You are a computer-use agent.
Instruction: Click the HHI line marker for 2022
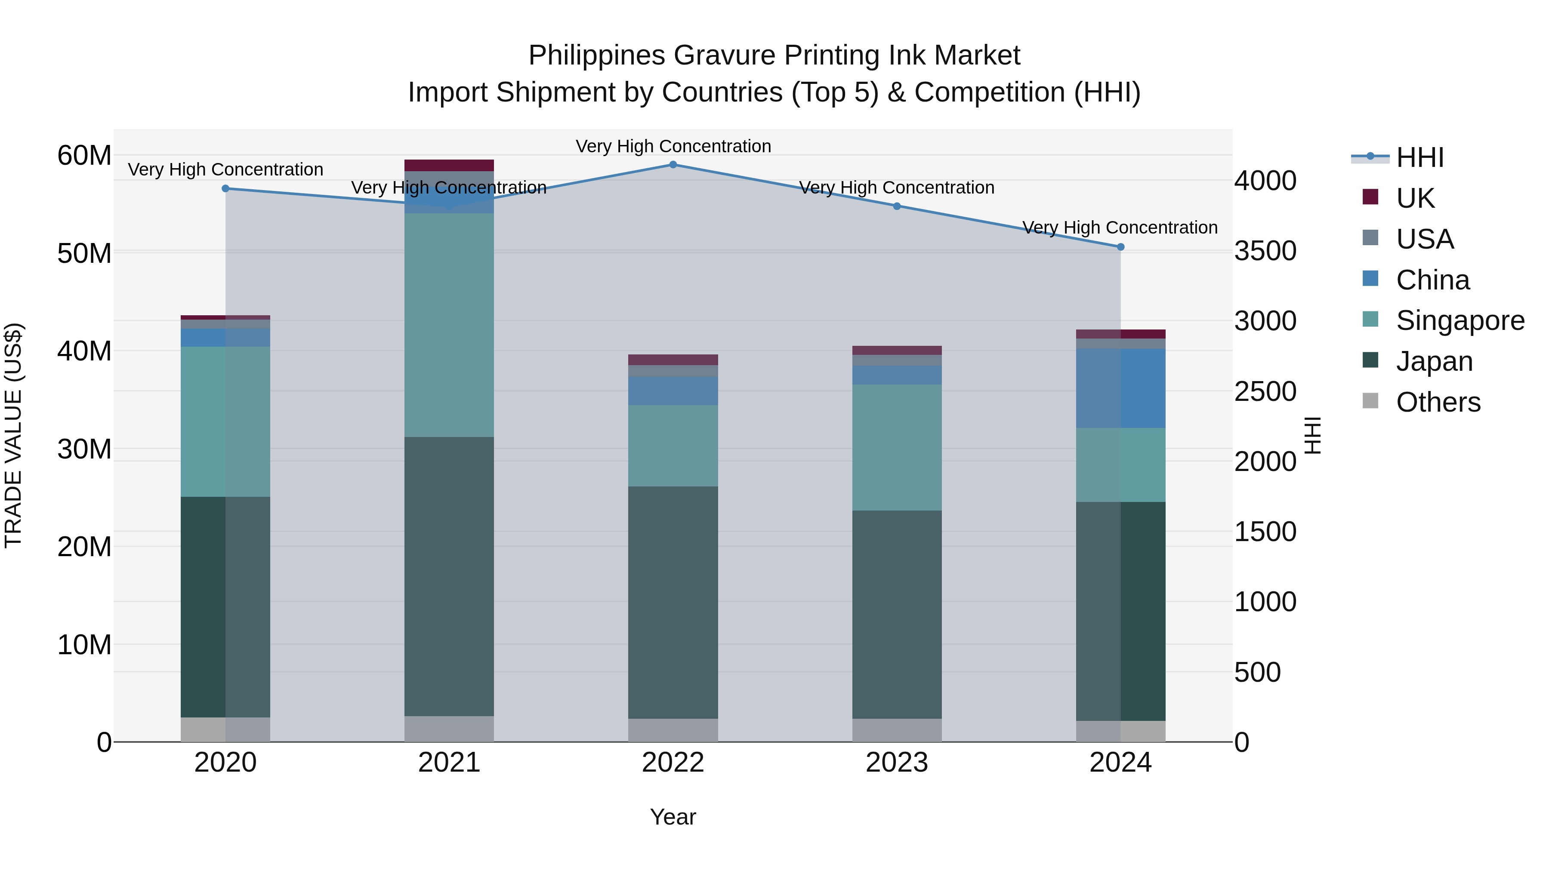tap(673, 165)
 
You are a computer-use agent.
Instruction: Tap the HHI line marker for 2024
tap(1120, 247)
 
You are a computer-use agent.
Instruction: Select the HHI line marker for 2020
tap(225, 189)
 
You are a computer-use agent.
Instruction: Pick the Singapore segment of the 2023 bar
tap(897, 447)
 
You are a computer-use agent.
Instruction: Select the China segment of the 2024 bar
tap(1120, 388)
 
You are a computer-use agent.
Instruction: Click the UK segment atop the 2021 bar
tap(449, 165)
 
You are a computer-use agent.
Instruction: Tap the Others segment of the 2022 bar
tap(673, 730)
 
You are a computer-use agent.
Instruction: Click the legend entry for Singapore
tap(1460, 320)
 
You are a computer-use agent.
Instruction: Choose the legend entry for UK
tap(1415, 198)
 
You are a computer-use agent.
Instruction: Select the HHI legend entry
tap(1419, 157)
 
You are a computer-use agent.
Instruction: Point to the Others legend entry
tap(1438, 402)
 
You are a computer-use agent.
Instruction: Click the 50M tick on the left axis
tap(84, 253)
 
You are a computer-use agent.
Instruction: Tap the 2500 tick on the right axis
tap(1265, 391)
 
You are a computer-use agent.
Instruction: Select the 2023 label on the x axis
tap(897, 763)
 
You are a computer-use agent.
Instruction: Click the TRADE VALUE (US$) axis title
tap(14, 435)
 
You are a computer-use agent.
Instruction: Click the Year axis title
tap(673, 817)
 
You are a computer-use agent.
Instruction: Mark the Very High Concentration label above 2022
tap(673, 146)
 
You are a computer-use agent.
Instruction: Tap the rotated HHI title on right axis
tap(1313, 435)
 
